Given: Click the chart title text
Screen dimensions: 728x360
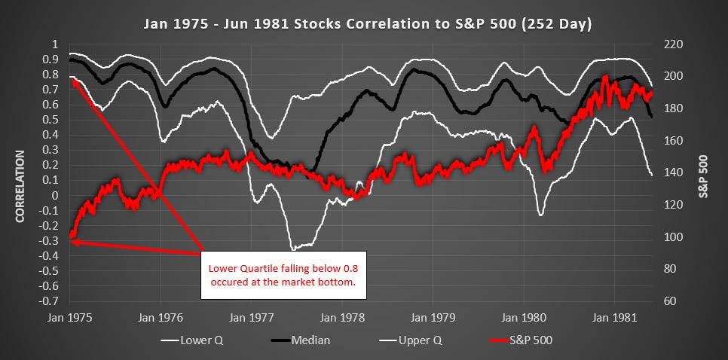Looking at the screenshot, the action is tap(367, 24).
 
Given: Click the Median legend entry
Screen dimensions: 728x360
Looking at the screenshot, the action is tap(301, 340).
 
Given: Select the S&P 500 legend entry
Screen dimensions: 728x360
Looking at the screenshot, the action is tap(521, 340).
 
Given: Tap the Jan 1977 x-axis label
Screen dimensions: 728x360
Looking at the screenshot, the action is tap(251, 318).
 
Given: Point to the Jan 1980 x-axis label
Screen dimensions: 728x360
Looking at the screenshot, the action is tap(524, 318).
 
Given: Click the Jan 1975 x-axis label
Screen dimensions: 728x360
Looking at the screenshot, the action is tap(69, 318).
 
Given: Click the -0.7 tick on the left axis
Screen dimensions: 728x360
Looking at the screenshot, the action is tap(54, 301).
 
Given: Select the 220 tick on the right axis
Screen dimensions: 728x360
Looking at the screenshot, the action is tap(668, 45).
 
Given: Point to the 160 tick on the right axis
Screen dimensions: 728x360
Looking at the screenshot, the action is tap(668, 141).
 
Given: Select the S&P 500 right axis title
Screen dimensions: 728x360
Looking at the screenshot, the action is tap(705, 176).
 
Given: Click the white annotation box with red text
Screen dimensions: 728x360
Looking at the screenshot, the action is tap(283, 275).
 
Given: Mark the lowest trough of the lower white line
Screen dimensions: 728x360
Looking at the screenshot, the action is tap(292, 249).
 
